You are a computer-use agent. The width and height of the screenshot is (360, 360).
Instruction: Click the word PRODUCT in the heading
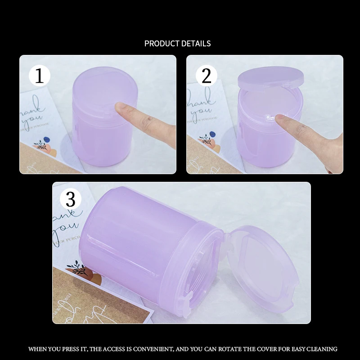click(161, 44)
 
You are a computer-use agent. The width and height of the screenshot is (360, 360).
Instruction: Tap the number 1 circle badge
click(40, 76)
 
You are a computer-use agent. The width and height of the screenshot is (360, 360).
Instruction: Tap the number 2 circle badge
click(207, 76)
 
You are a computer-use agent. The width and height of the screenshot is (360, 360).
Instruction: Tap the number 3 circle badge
click(71, 198)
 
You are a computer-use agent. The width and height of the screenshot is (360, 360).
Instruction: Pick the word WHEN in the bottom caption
click(37, 349)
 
